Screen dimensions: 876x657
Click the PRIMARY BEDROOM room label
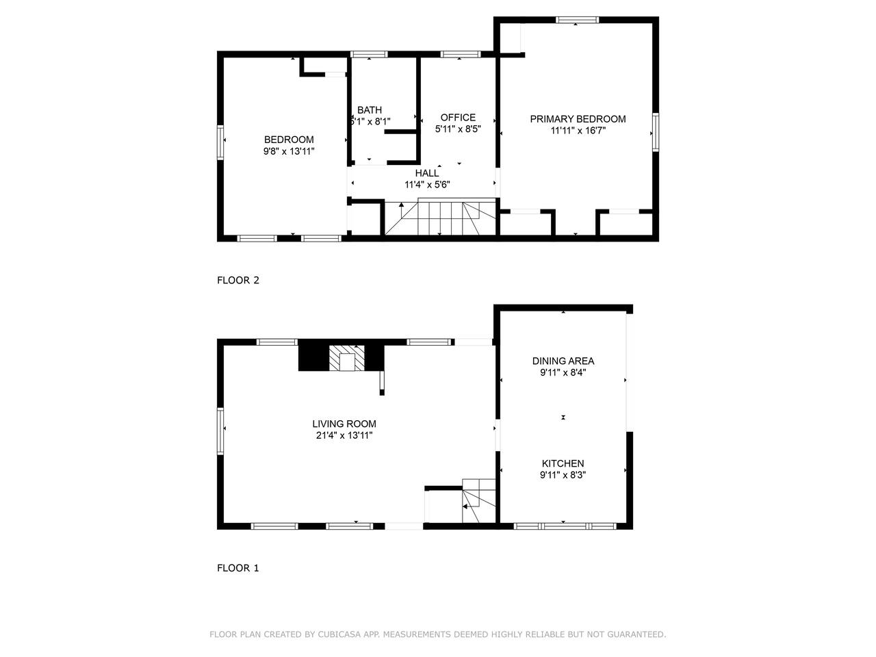click(578, 119)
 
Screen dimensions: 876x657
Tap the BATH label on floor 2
click(370, 109)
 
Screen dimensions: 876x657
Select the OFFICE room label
click(458, 117)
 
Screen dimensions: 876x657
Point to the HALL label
click(427, 173)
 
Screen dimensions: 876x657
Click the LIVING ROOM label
click(344, 424)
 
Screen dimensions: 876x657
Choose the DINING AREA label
click(563, 361)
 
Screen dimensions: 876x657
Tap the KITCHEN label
click(563, 463)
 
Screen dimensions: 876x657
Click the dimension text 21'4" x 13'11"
click(344, 435)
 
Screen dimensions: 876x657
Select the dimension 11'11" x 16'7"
click(578, 131)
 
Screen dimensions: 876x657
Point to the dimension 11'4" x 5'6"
click(427, 185)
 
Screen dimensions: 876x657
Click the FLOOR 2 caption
click(238, 281)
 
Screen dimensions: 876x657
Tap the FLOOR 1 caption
click(238, 568)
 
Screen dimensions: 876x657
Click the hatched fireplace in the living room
click(347, 358)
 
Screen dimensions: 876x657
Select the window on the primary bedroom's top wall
click(577, 20)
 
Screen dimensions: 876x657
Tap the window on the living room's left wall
click(220, 431)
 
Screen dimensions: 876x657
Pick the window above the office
click(461, 54)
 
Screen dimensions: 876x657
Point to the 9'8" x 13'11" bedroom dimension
click(289, 151)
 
